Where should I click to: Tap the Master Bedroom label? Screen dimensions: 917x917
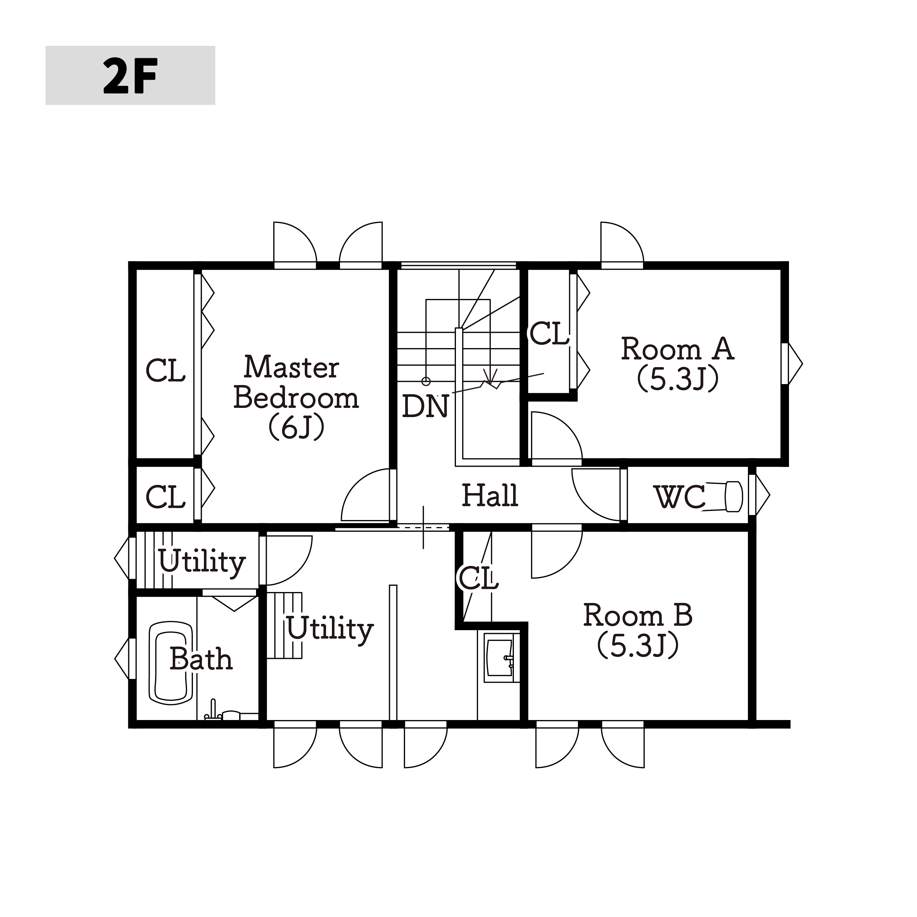296,397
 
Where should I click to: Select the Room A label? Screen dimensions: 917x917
677,363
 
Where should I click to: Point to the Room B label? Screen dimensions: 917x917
638,630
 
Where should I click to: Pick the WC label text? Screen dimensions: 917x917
680,497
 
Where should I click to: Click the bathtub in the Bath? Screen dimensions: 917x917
171,662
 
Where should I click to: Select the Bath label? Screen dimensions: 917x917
201,659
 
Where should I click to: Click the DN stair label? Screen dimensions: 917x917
425,406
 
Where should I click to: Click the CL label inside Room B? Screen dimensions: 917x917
478,578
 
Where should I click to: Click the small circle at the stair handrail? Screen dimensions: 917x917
426,381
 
